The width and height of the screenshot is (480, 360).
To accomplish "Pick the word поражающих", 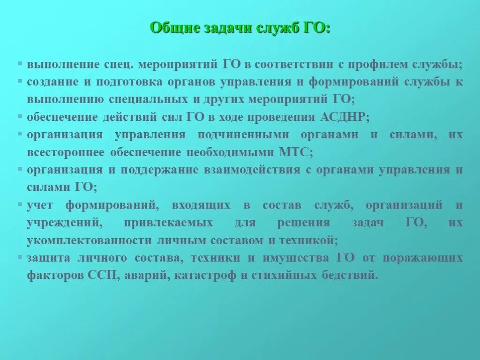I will point(423,258).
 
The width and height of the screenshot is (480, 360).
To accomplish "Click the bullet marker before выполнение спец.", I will point(20,62).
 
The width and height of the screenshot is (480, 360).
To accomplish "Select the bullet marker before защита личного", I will point(20,256).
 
